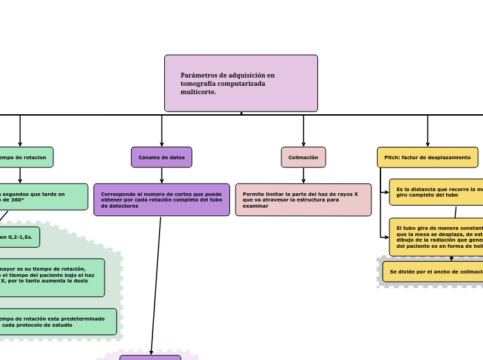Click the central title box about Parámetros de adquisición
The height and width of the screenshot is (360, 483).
240,83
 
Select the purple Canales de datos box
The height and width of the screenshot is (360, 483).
161,157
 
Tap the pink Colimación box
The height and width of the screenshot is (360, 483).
303,157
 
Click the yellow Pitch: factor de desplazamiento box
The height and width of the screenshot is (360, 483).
427,157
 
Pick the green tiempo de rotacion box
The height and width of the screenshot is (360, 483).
24,157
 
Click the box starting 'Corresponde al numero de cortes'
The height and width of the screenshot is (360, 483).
161,199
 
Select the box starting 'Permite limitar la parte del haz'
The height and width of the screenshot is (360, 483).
303,199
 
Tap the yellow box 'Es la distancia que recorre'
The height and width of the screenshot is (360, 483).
437,192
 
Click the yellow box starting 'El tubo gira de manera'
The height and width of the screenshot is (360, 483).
437,237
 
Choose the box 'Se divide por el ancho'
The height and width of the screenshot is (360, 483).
434,271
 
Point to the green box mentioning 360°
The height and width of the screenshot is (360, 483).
42,197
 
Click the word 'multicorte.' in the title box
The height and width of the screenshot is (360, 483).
198,92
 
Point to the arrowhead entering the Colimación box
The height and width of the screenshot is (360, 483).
304,144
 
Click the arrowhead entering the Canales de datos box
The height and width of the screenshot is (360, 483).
162,144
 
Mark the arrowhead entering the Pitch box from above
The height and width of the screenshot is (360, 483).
428,144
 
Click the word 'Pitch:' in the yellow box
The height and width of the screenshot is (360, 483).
393,157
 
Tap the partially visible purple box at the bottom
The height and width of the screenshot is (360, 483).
150,357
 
